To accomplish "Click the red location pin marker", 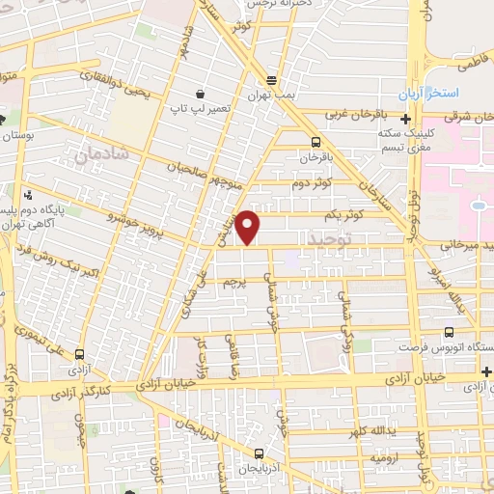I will click(x=249, y=228).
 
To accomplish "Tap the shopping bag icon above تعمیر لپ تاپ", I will click(x=200, y=95).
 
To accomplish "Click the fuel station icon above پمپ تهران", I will click(x=272, y=81).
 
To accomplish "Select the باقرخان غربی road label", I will click(x=346, y=114).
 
